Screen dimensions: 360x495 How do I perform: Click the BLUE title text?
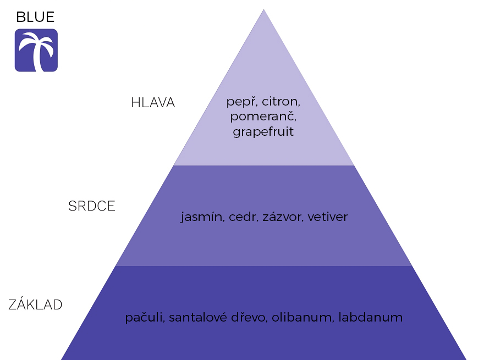[35, 17]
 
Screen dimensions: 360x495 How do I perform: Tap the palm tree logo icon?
[36, 51]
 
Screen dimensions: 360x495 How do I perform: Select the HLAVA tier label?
[153, 103]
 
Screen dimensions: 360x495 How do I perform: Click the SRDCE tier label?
[92, 206]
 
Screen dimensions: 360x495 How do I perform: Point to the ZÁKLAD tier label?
[36, 305]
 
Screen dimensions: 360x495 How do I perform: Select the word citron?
[281, 102]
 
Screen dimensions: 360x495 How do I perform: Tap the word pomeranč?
[263, 117]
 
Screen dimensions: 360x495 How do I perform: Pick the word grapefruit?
[263, 132]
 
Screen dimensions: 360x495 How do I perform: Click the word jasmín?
[201, 217]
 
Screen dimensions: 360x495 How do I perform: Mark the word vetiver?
[328, 217]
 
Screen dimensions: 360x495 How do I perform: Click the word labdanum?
[371, 318]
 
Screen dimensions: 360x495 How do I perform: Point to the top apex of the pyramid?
[263, 10]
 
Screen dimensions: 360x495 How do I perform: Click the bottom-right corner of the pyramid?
[465, 359]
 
